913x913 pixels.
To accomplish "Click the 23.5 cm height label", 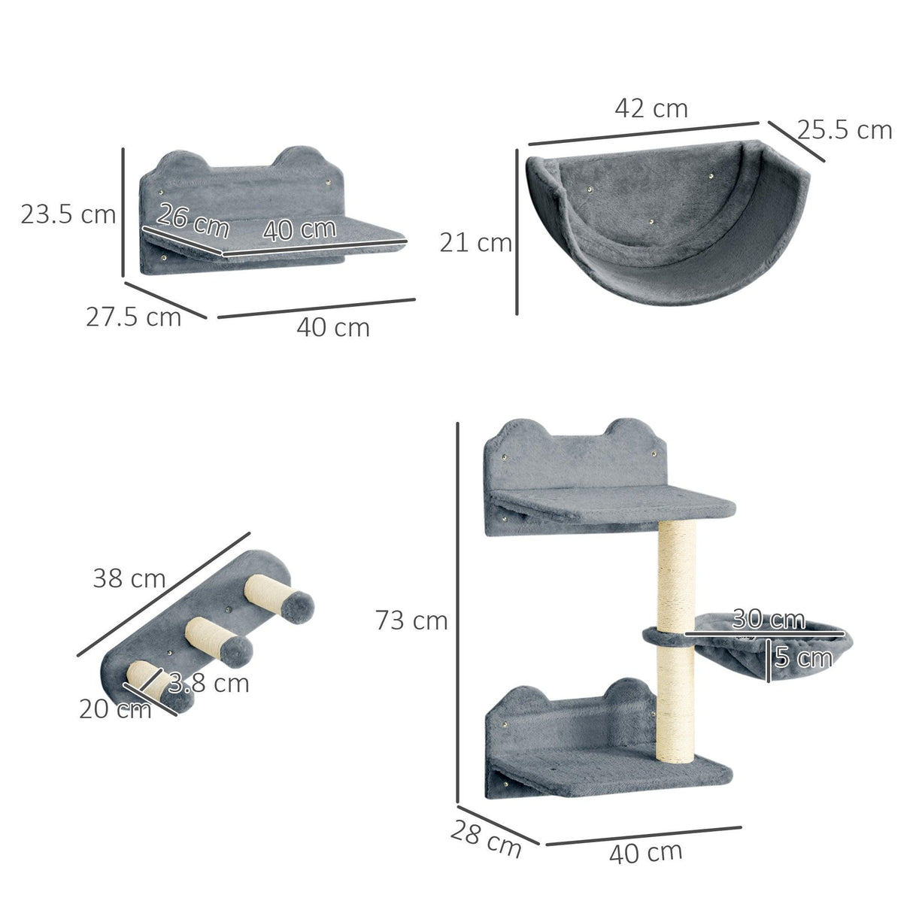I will (x=68, y=215).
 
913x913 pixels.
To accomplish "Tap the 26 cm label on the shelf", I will (x=193, y=221).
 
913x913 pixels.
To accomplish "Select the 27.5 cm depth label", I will (x=133, y=317).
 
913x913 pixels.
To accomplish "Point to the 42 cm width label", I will (x=651, y=108).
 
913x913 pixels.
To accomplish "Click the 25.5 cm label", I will (x=845, y=130).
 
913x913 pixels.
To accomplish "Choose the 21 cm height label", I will (x=475, y=243).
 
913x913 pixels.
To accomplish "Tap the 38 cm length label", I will (x=129, y=578).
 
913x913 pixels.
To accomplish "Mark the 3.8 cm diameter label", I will (x=208, y=683).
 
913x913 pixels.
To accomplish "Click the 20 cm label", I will (x=114, y=708).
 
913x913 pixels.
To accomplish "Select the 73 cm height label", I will (x=411, y=620).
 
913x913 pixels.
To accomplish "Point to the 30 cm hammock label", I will (x=768, y=619).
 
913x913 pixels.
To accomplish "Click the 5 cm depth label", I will (x=803, y=658).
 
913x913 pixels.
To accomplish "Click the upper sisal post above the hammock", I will (x=677, y=576).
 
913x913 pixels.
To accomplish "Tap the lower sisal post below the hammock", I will (x=675, y=703).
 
